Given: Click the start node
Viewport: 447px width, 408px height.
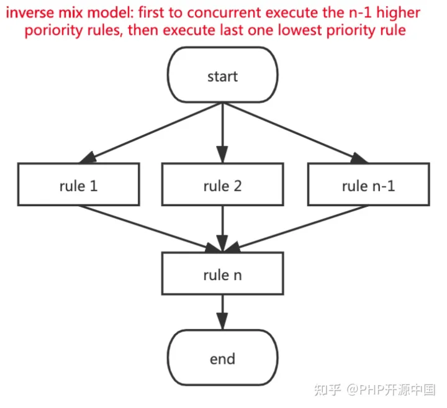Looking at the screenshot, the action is (222, 75).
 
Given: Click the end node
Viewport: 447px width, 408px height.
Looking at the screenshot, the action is (222, 358).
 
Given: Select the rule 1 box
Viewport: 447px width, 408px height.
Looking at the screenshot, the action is (79, 184).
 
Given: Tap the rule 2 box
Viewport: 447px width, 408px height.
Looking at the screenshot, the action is (222, 184).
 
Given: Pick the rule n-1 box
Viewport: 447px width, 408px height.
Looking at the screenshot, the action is (369, 184).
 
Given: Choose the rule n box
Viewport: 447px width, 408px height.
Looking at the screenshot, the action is (222, 273).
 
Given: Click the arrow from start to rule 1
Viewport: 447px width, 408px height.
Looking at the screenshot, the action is (150, 133).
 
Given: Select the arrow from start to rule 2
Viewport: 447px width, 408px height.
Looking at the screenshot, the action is (222, 133).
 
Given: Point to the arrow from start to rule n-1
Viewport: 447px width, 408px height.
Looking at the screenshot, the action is (296, 133).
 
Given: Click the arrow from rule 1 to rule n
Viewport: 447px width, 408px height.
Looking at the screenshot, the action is (150, 229).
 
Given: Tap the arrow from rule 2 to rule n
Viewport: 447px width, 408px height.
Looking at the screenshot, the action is (222, 229).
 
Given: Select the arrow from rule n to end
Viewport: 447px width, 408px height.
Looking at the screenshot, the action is (222, 312).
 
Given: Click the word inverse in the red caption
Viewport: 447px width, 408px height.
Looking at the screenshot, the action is (30, 13).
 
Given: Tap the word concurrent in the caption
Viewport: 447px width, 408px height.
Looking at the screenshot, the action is (224, 13).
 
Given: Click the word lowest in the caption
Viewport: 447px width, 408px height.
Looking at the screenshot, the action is (300, 30).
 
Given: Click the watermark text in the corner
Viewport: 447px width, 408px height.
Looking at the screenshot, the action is (375, 390).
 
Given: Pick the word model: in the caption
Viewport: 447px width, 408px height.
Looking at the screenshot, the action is (111, 13).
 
